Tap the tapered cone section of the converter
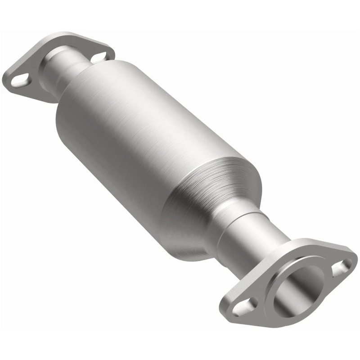point(211,198)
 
